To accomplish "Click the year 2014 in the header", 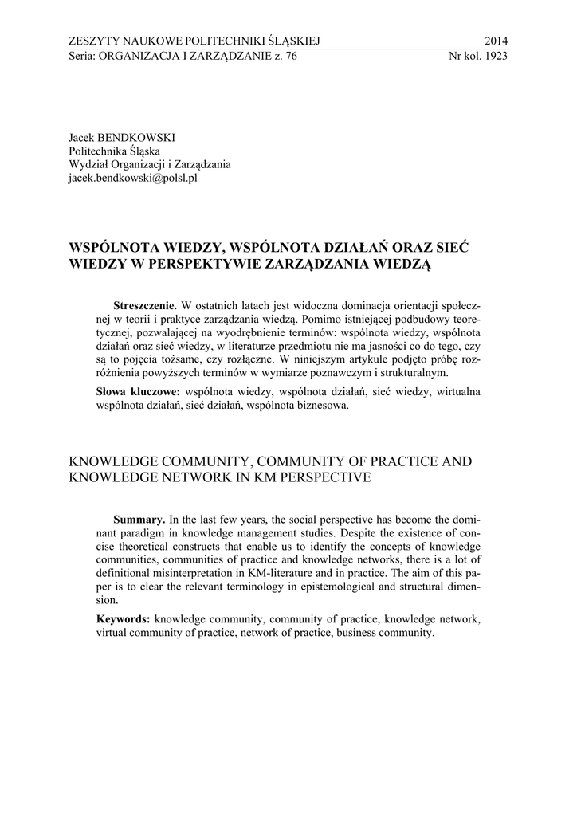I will click(x=496, y=41).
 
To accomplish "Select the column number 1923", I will click(x=495, y=57).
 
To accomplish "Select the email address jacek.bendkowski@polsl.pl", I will click(x=133, y=178).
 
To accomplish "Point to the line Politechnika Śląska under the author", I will click(x=115, y=151).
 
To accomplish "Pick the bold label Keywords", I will click(x=124, y=618).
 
